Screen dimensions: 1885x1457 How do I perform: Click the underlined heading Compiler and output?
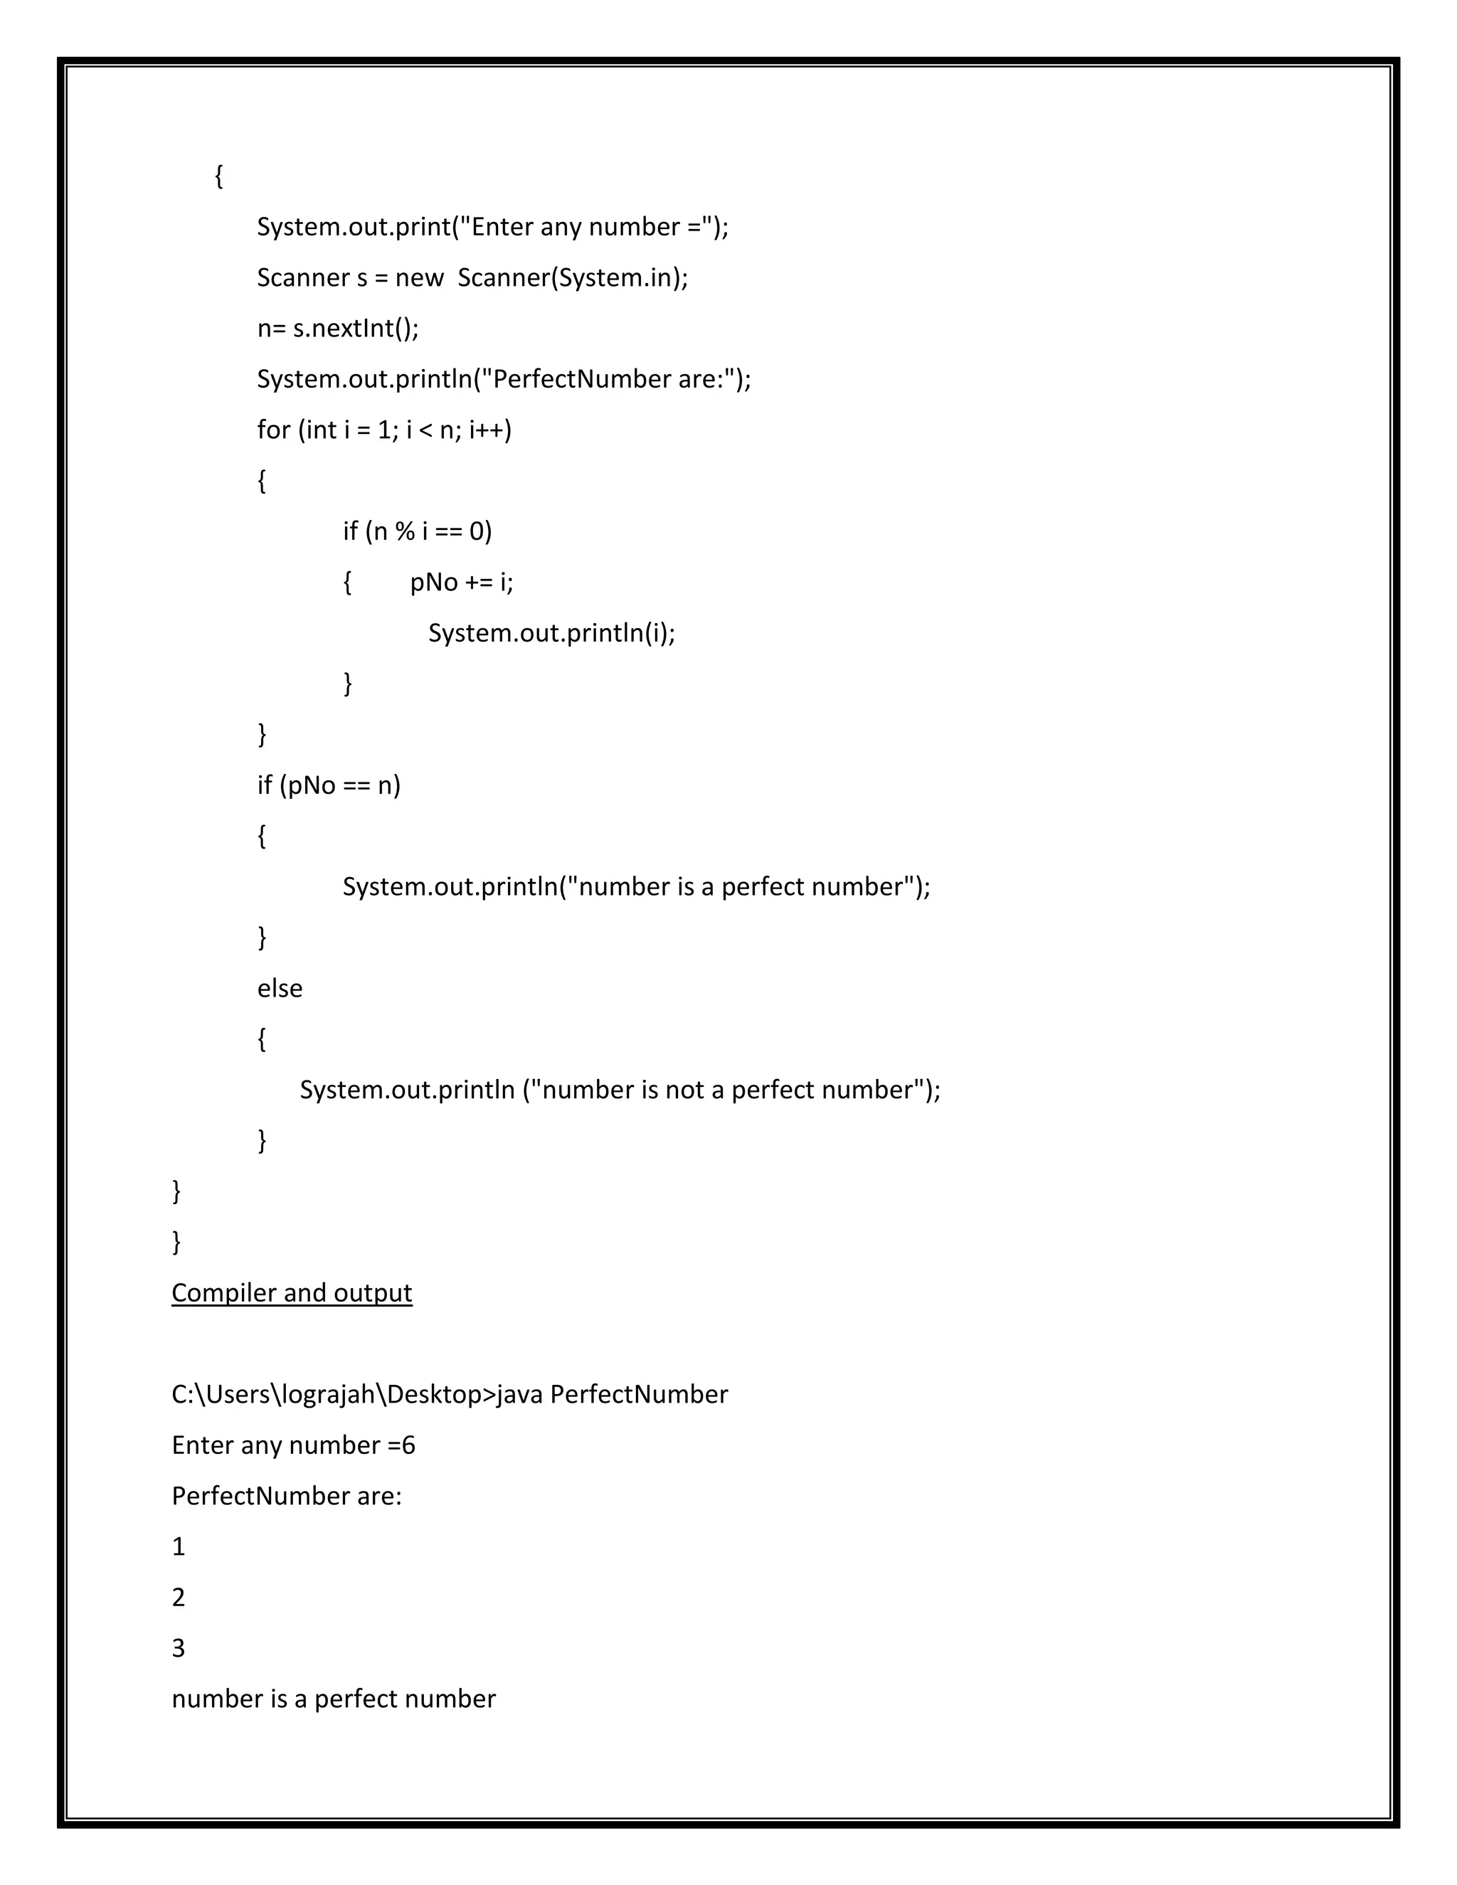(x=292, y=1293)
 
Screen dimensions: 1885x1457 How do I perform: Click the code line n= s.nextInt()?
(x=337, y=329)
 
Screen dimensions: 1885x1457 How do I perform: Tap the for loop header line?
(x=384, y=430)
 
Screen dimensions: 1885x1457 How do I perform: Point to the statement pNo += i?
(x=461, y=583)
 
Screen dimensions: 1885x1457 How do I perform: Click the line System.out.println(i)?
(x=551, y=634)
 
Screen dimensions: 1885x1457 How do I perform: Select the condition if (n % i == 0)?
(x=417, y=531)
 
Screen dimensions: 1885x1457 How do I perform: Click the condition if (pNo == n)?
(x=329, y=785)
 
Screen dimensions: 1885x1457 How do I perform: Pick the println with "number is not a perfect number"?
(x=620, y=1090)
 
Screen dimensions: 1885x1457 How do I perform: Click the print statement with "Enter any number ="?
(x=493, y=227)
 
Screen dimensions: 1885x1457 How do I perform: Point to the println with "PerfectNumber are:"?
(x=504, y=380)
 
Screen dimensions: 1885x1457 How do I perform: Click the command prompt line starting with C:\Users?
(x=450, y=1395)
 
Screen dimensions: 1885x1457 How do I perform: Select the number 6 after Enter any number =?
(x=408, y=1445)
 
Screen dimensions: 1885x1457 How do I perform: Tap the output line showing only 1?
(x=179, y=1546)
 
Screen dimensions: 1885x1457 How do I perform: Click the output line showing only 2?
(x=179, y=1598)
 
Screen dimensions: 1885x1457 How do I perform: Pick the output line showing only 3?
(x=179, y=1649)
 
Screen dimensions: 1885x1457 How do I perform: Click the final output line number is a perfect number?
(x=333, y=1699)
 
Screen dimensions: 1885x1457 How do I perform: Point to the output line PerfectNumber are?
(x=287, y=1496)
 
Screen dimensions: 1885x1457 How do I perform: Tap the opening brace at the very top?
(x=219, y=176)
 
